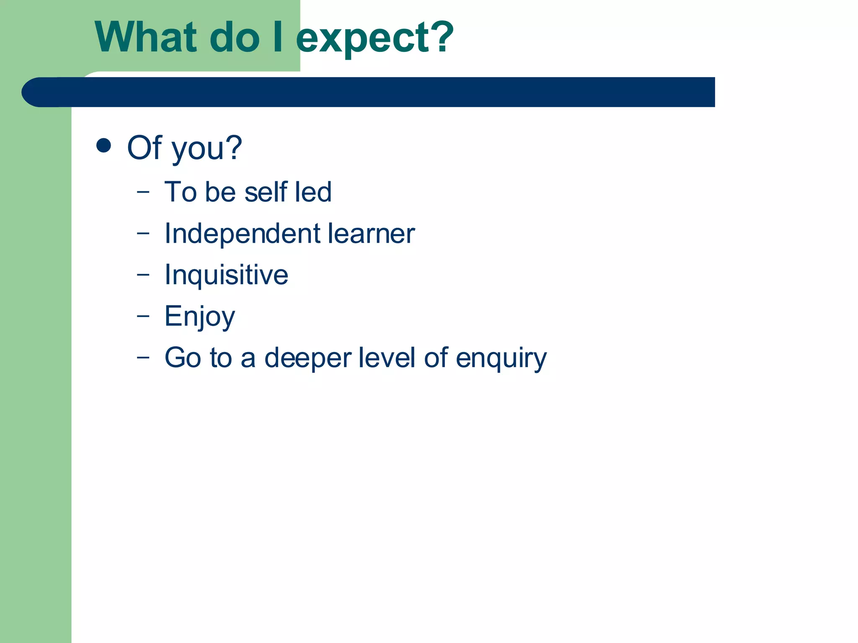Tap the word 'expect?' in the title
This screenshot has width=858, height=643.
[375, 39]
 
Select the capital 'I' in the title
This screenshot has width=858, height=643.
[277, 38]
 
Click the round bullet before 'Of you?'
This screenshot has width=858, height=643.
[103, 146]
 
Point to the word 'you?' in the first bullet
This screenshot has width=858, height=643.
[207, 149]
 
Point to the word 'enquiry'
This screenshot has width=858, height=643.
[501, 359]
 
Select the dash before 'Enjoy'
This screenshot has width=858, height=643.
[143, 316]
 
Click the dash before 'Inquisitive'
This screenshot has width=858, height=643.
[143, 275]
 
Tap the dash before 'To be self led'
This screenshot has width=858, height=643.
[143, 192]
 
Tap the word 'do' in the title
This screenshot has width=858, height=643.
[235, 38]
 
